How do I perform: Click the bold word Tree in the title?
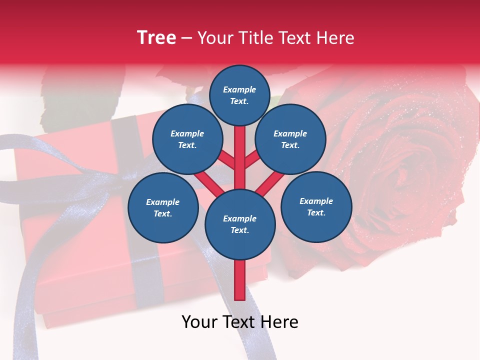156,37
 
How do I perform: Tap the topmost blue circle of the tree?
239,95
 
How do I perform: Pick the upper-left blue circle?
187,139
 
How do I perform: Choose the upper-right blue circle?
290,139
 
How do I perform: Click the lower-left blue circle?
163,207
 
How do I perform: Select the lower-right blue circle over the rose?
316,206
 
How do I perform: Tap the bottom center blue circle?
240,224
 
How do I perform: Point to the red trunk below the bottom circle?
240,280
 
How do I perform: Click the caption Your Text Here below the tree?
240,322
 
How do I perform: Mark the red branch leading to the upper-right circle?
252,160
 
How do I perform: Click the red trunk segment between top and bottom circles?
240,155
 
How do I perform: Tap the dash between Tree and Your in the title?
187,38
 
